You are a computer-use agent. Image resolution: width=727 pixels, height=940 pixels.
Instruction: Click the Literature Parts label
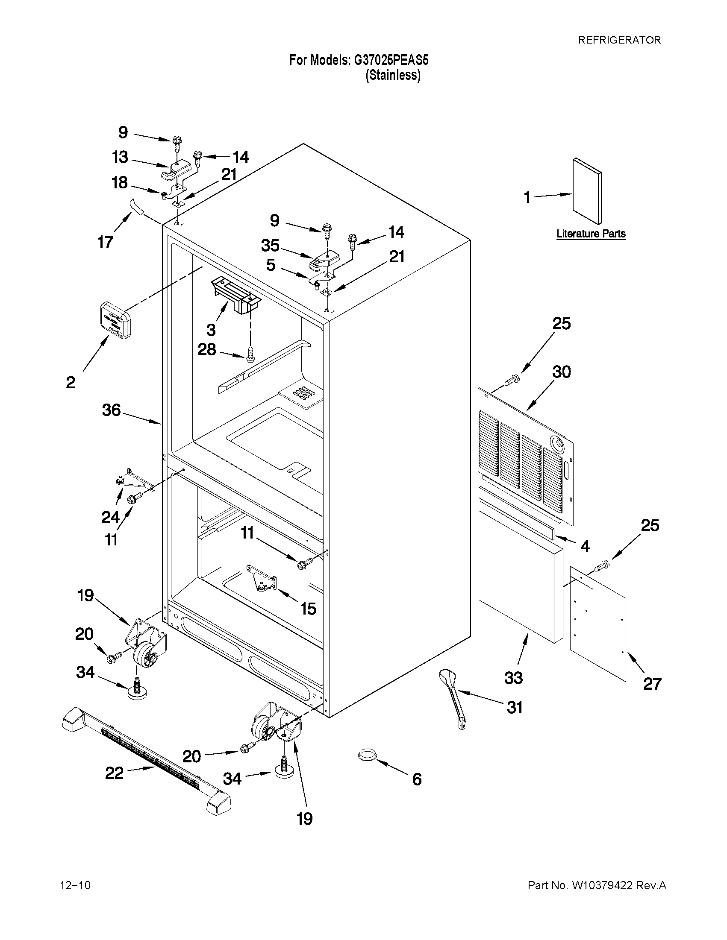pos(591,234)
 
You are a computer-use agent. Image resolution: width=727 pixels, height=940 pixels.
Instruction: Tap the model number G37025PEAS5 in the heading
pos(391,60)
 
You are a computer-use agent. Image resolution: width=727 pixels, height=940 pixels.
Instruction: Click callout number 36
pos(111,410)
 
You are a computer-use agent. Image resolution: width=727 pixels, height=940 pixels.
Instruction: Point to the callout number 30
pos(562,372)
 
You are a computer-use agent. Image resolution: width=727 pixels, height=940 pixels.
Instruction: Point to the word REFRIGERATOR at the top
pos(619,40)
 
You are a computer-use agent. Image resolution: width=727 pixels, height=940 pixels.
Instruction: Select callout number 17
pos(105,242)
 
